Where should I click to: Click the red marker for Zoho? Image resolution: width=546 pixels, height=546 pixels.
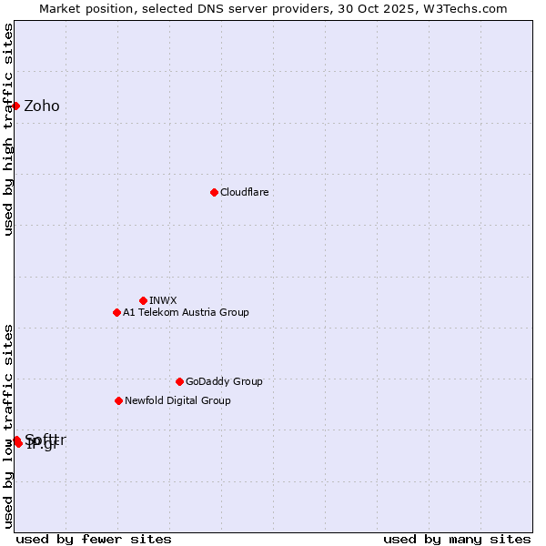(15, 106)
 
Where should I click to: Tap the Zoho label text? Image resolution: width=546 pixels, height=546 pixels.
(42, 106)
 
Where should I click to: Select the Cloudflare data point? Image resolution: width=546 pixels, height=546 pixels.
(214, 192)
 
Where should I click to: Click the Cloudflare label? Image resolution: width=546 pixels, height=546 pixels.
(244, 193)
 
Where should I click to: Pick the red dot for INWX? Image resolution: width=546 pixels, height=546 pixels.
(143, 300)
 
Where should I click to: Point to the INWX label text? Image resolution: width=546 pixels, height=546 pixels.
(163, 301)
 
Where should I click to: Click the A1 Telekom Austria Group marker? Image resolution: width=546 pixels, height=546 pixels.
(116, 312)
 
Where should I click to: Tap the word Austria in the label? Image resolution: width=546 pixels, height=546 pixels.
(190, 313)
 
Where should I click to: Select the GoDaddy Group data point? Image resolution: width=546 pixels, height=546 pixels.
(179, 381)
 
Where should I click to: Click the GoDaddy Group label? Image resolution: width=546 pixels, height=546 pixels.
(224, 382)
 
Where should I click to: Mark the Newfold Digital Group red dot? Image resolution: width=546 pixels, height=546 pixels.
(118, 400)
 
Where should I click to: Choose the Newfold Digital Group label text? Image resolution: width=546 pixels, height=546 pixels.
(177, 401)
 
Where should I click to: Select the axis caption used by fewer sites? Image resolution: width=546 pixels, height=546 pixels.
(94, 539)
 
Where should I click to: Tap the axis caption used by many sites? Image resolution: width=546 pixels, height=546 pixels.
(457, 539)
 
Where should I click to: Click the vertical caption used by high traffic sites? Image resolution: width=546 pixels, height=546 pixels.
(8, 129)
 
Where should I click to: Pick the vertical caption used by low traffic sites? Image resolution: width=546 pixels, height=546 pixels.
(8, 426)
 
